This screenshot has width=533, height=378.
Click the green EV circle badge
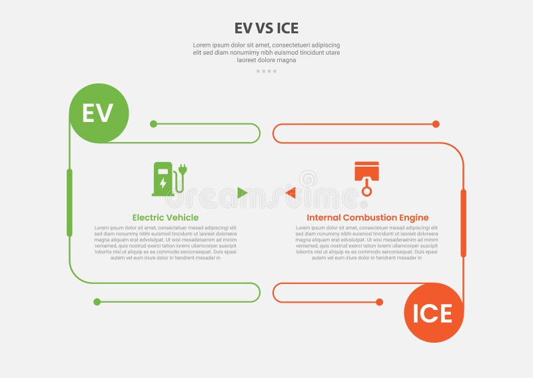pos(99,113)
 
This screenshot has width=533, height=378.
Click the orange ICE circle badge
pos(433,313)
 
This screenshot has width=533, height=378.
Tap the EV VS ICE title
pos(266,28)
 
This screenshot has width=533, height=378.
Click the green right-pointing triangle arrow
pos(242,193)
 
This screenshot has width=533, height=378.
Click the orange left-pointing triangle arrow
pos(290,193)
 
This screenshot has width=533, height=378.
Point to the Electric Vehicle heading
pos(165,217)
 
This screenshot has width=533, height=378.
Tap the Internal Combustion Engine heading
pos(368,217)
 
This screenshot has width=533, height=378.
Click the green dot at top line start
pos(153,124)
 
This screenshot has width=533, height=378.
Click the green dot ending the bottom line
pos(97,302)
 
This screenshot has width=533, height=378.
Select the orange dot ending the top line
pos(436,124)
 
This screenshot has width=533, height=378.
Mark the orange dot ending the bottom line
pos(379,302)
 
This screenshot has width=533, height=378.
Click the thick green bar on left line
pos(69,203)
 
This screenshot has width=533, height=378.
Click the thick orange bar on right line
pos(464,223)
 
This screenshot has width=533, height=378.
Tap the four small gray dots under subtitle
pos(266,71)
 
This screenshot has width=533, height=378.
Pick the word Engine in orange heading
pos(414,217)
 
